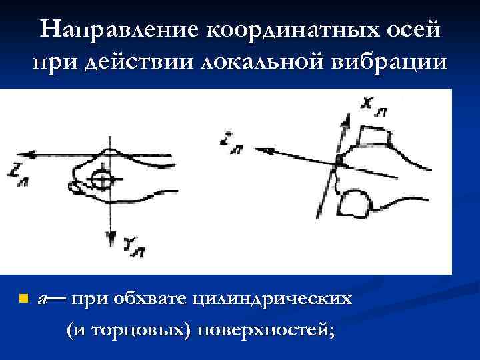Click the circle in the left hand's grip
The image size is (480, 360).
(103, 179)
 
